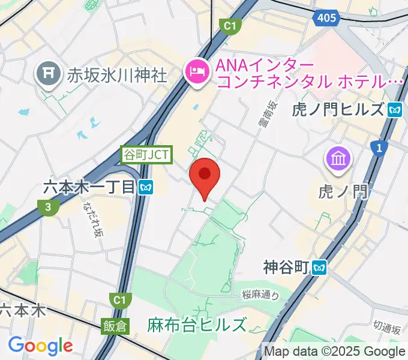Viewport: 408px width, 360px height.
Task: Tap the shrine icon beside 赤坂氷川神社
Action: [x=46, y=74]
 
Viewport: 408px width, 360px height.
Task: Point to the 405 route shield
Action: [x=325, y=19]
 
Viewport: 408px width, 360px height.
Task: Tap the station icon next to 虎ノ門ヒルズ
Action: [x=395, y=110]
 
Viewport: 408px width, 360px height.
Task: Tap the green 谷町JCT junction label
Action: [x=147, y=155]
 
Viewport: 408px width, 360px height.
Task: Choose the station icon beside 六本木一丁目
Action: [x=146, y=188]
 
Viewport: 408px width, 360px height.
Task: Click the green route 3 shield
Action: [x=47, y=208]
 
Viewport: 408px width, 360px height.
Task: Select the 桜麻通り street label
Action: [x=261, y=294]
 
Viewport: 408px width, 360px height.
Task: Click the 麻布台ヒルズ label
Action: [x=197, y=325]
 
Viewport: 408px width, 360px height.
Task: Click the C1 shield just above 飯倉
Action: [x=118, y=299]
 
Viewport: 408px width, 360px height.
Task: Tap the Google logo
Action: [x=40, y=345]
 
